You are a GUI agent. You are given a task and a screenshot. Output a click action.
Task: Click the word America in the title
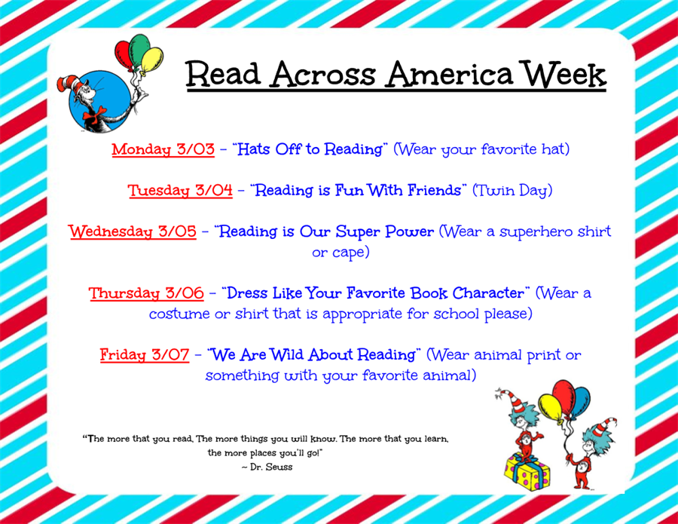click(450, 74)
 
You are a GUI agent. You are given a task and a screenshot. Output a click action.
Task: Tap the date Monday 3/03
click(163, 149)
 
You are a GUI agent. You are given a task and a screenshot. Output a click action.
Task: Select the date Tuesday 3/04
click(180, 191)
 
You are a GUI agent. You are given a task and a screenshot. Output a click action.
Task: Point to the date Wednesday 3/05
click(133, 231)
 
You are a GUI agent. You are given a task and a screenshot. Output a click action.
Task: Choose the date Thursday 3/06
click(146, 293)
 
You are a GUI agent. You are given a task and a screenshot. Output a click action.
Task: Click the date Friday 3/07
click(145, 355)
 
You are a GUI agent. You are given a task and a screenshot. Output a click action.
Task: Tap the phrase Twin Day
click(512, 191)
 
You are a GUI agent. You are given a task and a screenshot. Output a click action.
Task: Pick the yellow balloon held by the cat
click(151, 61)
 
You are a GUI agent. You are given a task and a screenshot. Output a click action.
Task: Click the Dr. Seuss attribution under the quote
click(267, 467)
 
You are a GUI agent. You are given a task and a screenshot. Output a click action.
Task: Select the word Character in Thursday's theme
click(488, 293)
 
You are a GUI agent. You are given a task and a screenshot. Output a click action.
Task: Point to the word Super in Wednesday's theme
click(358, 231)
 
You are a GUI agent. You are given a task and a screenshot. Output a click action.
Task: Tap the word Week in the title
click(563, 74)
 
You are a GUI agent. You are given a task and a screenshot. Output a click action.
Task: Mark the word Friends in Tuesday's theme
click(434, 191)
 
